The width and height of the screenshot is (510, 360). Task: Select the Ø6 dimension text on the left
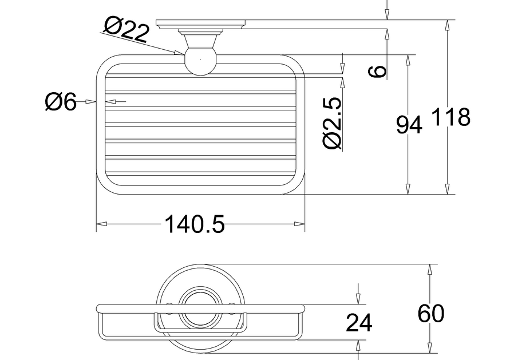pyautogui.click(x=61, y=102)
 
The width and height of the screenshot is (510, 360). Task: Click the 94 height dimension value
pyautogui.click(x=409, y=125)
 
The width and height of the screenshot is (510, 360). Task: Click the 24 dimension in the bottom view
pyautogui.click(x=359, y=323)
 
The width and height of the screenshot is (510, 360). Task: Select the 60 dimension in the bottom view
pyautogui.click(x=430, y=314)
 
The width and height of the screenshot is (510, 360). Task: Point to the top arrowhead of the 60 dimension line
pyautogui.click(x=430, y=268)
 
